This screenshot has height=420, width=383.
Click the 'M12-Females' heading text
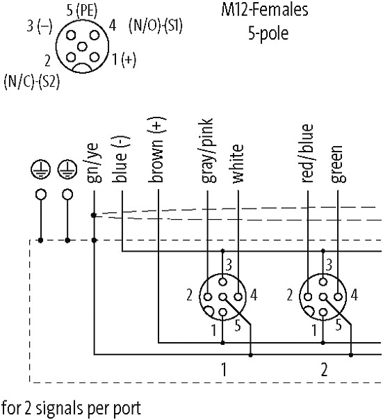pos(265,10)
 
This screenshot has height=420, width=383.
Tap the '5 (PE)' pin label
pos(82,10)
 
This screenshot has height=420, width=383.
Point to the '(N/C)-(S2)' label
pos(31,81)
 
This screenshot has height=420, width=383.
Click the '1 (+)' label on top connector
pos(124,59)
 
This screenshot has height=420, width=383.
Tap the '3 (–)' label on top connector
pos(40,26)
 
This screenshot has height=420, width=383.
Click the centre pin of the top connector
pos(82,47)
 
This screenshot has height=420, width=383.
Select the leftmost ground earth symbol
pos(40,170)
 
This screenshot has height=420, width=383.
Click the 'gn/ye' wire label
pos(94,163)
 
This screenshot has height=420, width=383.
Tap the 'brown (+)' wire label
pos(158,150)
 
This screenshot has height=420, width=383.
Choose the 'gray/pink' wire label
pos(208,150)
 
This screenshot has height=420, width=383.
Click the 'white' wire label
pos(238,163)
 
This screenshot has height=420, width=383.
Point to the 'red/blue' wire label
pos(307,154)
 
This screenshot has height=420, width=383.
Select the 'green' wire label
pos(338,164)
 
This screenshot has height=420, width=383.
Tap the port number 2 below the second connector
pos(324,369)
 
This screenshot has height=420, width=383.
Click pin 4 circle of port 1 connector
pos(238,297)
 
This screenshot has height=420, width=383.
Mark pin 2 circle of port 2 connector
pos(308,297)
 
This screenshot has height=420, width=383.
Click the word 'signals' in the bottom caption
pos(59,408)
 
